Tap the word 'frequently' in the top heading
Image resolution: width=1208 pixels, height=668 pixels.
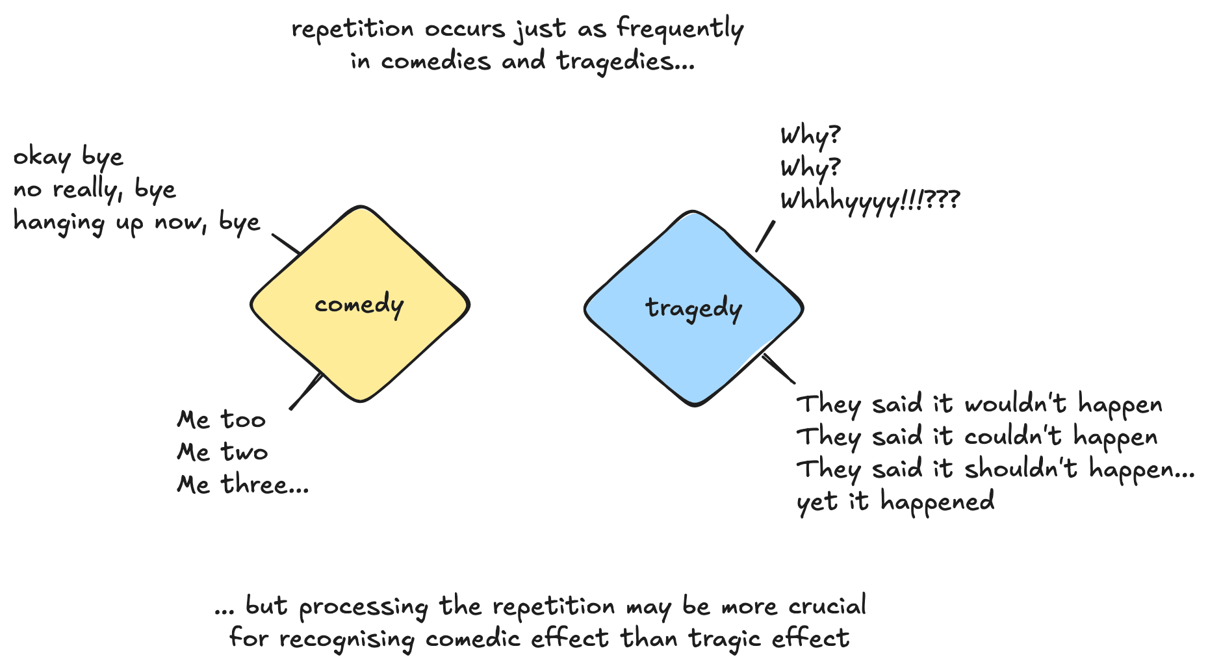[x=680, y=29]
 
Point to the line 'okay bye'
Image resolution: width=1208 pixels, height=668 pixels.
[x=68, y=157]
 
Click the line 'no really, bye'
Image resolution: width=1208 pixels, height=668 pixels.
[x=95, y=189]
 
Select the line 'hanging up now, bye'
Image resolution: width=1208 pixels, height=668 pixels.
[x=136, y=222]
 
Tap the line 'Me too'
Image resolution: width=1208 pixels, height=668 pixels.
[x=221, y=420]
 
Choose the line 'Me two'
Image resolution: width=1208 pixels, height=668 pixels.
[x=222, y=452]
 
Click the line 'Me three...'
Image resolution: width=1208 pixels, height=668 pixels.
[x=242, y=484]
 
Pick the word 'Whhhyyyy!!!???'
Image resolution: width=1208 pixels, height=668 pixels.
[x=869, y=201]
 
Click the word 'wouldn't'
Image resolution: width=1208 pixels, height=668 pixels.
[x=1016, y=404]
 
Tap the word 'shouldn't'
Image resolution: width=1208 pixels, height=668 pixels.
[x=1021, y=469]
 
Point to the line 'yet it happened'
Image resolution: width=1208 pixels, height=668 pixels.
[x=895, y=501]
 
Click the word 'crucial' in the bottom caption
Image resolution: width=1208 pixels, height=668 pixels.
[x=827, y=606]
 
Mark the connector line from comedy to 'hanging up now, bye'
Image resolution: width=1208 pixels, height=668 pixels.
[x=286, y=243]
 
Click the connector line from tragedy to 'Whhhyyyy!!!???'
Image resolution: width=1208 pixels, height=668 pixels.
[x=765, y=235]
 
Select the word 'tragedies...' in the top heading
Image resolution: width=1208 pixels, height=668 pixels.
[x=626, y=61]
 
